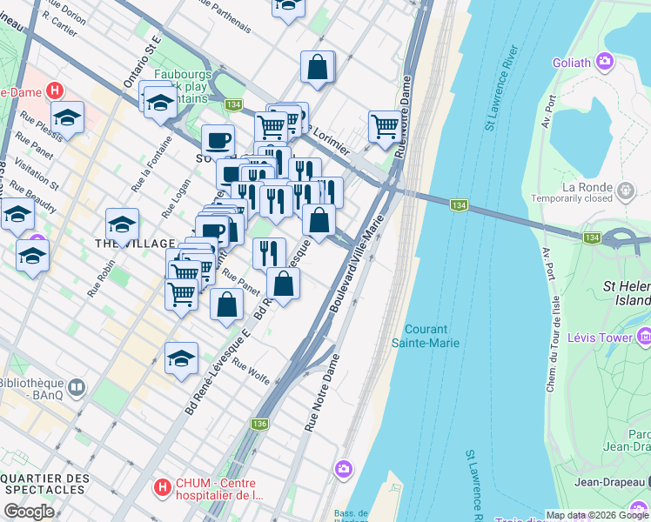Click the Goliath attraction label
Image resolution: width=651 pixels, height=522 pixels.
pos(571,63)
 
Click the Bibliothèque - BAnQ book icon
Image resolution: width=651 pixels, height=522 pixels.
pos(77,386)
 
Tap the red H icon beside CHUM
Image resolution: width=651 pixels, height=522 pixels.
pos(161,488)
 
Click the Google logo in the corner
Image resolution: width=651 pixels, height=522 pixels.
pos(29,512)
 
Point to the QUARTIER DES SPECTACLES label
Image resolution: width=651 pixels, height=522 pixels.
pos(44,485)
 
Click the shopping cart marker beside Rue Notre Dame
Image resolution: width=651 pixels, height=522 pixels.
pos(384,126)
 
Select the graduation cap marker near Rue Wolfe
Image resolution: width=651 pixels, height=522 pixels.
pos(181,358)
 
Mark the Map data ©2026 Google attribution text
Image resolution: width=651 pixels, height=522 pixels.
pos(597,515)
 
